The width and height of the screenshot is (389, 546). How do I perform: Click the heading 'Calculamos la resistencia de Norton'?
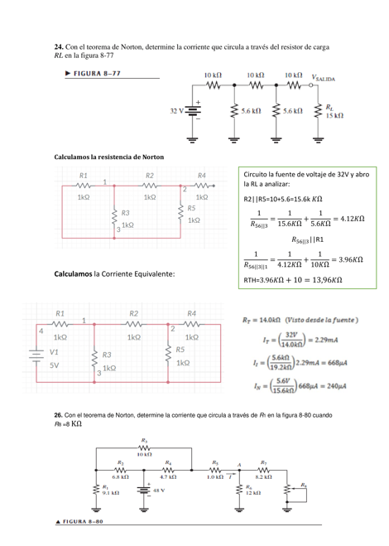click(108, 157)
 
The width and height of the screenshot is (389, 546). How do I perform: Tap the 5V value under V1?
click(54, 364)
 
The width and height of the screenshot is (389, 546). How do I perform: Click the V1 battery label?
click(54, 352)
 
